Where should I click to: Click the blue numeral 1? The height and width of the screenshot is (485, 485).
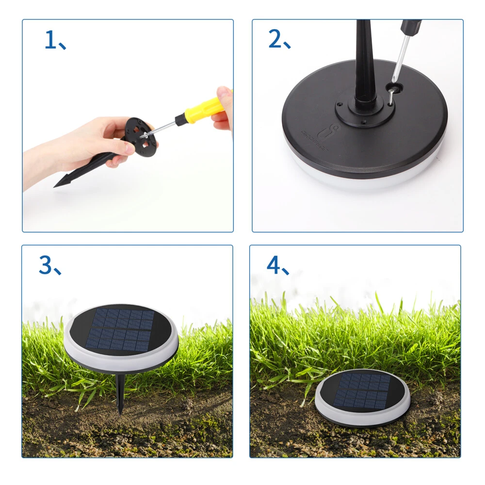click(50, 40)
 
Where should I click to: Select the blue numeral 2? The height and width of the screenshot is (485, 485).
click(275, 40)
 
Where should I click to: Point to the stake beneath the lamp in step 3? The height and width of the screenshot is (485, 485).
click(120, 393)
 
